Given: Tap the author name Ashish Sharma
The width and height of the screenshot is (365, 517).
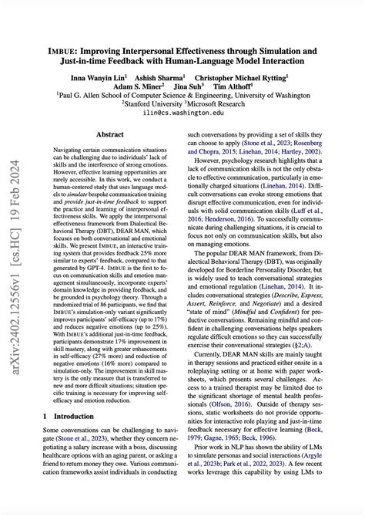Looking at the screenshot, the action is pyautogui.click(x=161, y=78).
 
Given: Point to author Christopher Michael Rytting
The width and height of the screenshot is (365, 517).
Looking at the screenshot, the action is pyautogui.click(x=242, y=78).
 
